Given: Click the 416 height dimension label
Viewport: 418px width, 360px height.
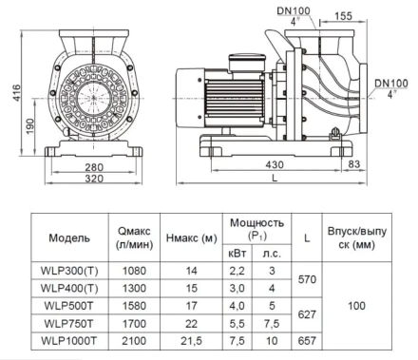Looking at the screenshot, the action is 16,93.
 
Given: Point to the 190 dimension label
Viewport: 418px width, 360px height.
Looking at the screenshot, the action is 29,125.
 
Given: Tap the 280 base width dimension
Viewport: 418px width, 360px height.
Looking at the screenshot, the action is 94,167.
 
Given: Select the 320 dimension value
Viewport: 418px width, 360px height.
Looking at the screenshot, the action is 94,179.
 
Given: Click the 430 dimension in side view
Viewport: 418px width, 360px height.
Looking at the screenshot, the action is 275,164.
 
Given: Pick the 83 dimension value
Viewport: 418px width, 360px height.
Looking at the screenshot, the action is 354,164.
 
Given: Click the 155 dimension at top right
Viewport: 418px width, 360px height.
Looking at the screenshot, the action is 343,16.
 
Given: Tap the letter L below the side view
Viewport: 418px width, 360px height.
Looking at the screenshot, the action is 275,178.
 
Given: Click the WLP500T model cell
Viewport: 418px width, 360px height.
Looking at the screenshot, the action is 69,306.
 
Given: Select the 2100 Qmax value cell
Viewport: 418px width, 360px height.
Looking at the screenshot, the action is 134,341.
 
